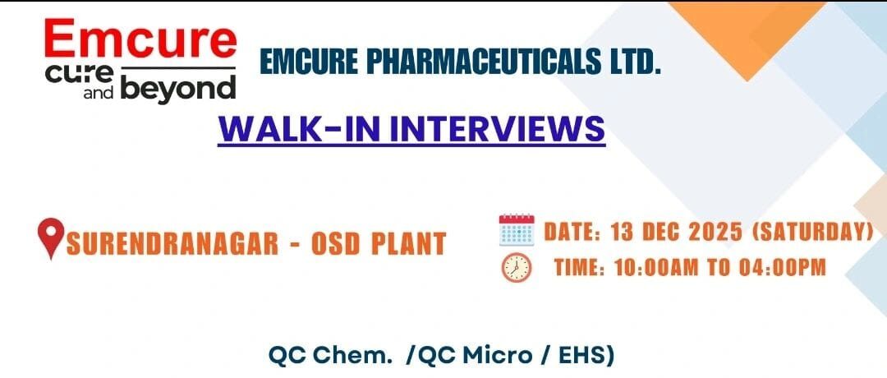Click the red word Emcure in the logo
140,39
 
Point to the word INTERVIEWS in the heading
507,129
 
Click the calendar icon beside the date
516,231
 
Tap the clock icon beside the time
516,267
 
